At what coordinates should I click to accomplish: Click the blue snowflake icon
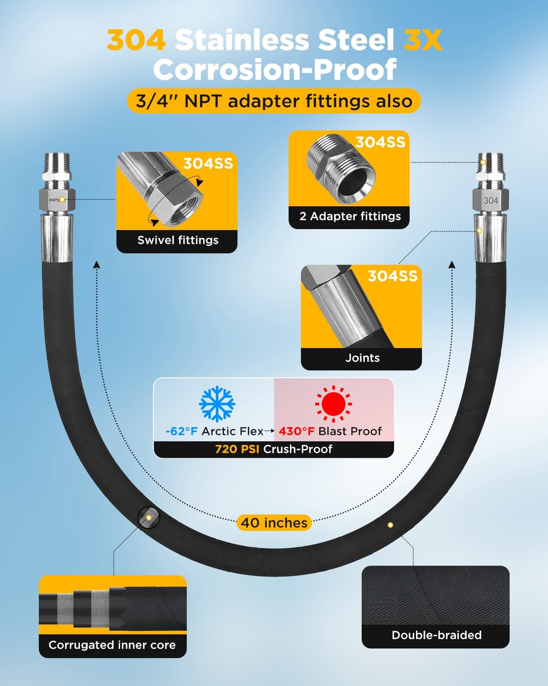pos(217,404)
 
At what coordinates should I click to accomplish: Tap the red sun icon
pos(333,404)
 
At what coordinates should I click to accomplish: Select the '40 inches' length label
pos(274,523)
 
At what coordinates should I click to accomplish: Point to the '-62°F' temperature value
pos(181,431)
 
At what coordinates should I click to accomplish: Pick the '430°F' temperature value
pos(296,431)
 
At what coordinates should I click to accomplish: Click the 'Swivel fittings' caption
pos(178,240)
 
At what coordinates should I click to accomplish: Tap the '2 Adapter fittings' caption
pos(350,216)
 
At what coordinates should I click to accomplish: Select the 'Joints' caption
pos(362,358)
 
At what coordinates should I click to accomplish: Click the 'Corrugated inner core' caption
pos(112,645)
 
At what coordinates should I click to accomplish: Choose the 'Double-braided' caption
pos(436,635)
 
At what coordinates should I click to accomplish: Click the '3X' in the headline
pos(423,40)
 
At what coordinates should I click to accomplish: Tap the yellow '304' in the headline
pos(136,40)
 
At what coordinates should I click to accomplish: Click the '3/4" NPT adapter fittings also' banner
pos(274,101)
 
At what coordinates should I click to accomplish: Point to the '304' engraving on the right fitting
pos(490,200)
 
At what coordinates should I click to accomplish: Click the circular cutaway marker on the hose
pos(148,518)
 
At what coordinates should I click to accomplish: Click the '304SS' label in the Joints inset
pos(392,276)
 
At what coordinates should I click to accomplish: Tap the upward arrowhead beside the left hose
pos(96,265)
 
